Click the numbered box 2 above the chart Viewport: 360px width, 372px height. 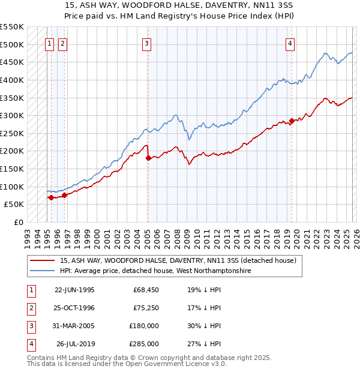pyautogui.click(x=62, y=43)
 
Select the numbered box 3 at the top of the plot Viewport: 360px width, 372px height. pyautogui.click(x=146, y=43)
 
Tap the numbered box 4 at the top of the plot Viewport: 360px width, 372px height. pyautogui.click(x=290, y=43)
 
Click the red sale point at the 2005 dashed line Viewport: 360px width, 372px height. pyautogui.click(x=148, y=158)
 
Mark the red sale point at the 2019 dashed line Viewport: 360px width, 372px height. pyautogui.click(x=292, y=121)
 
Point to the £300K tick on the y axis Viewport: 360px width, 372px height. pyautogui.click(x=12, y=115)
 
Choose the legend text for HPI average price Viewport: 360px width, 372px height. pyautogui.click(x=155, y=271)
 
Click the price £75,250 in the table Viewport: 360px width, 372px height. pyautogui.click(x=145, y=307)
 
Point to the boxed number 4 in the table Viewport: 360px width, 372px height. pyautogui.click(x=30, y=344)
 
